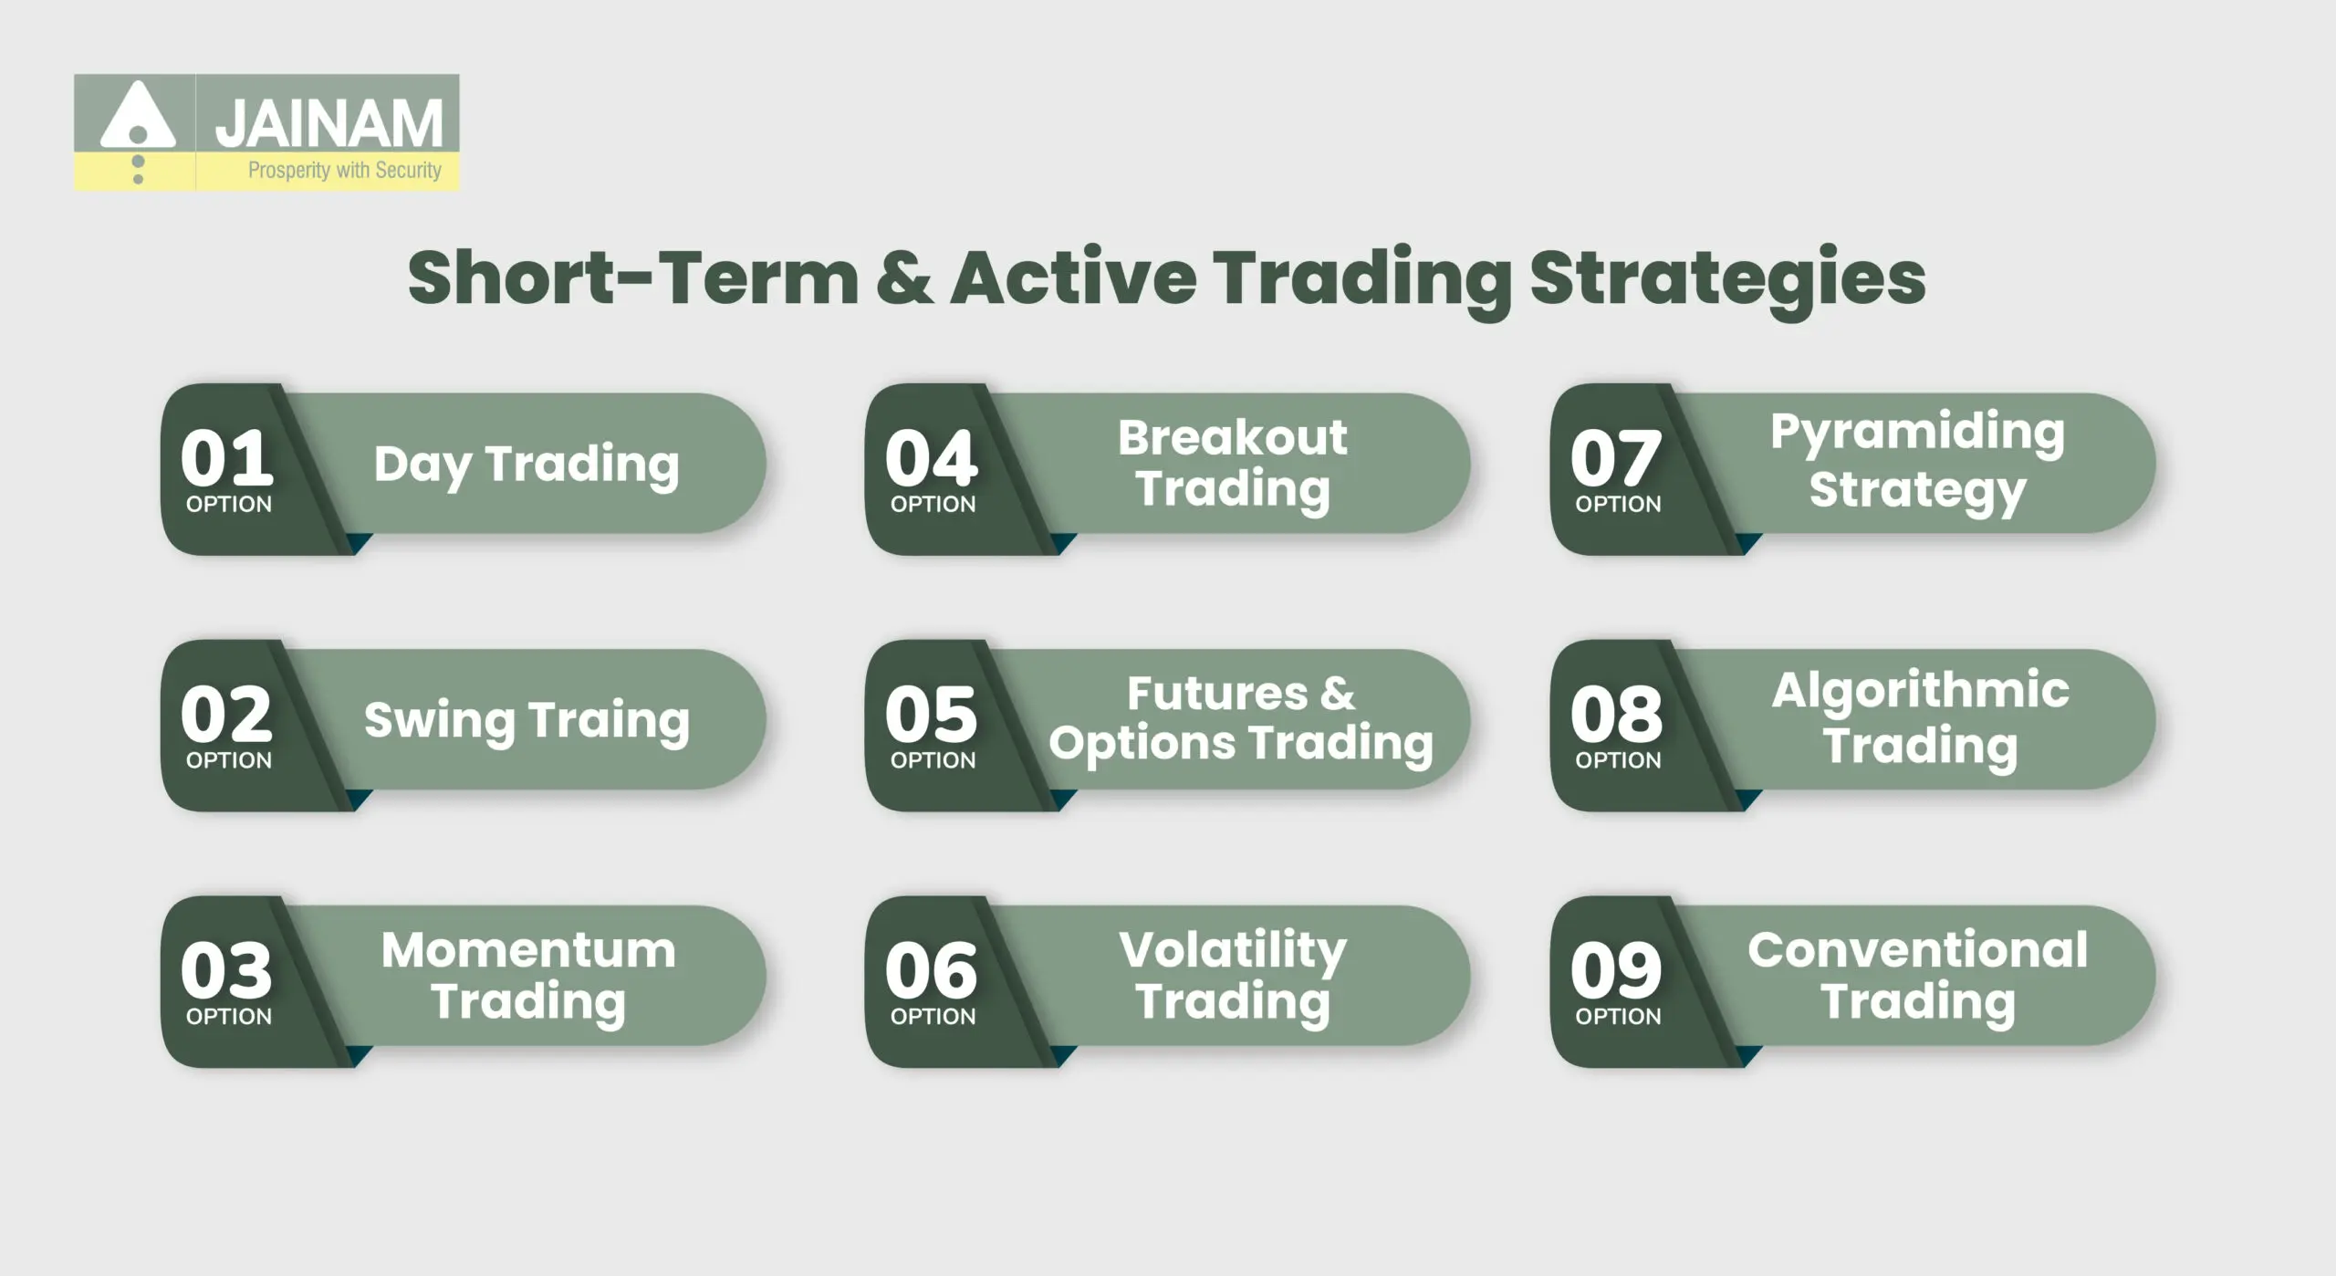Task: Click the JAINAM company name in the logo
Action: [328, 124]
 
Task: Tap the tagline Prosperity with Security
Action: [344, 171]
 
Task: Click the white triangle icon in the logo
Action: [137, 117]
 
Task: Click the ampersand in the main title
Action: [903, 277]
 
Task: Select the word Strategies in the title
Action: [1727, 279]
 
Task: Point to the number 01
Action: [227, 458]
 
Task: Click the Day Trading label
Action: [527, 465]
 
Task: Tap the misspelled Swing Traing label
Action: [527, 721]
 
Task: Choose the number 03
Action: [227, 970]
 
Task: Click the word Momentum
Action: [528, 950]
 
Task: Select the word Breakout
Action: [1232, 437]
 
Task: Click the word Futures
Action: [1217, 693]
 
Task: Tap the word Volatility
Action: [1233, 950]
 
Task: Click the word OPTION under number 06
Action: [933, 1016]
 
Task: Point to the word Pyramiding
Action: [1917, 432]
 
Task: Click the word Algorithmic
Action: [1920, 690]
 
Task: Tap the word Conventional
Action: [1917, 950]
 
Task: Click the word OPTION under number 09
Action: [1618, 1016]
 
